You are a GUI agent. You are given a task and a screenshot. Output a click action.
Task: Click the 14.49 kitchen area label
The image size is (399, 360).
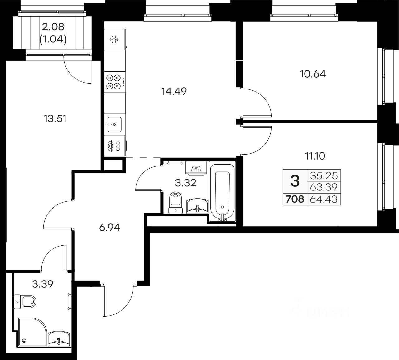coord(174,91)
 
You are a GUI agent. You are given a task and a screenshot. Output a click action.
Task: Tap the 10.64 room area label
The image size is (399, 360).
coord(313,74)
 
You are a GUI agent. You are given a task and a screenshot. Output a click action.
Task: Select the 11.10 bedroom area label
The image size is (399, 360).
coord(315,156)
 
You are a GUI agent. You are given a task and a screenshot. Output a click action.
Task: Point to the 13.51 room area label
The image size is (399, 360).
coord(55,118)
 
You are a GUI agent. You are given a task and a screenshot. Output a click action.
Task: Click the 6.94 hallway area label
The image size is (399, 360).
coord(109,228)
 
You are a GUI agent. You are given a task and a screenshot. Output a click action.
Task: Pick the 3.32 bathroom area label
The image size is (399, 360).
coord(185,183)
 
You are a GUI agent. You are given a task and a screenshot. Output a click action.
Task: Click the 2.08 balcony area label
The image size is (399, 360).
coord(53,27)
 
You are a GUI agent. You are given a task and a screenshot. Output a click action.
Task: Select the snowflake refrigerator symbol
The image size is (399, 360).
coord(114,40)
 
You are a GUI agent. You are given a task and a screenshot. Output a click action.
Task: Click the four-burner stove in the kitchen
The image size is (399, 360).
coord(115,82)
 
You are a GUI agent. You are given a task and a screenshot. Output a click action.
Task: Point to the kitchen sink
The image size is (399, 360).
coord(115,124)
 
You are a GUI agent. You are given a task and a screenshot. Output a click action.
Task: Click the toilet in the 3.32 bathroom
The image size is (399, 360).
coord(175,203)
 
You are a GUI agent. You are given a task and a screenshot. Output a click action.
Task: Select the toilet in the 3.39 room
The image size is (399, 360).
coord(25,302)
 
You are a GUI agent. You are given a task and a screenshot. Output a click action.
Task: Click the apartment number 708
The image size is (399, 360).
coord(295,199)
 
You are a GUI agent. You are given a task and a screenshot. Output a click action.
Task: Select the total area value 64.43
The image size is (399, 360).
coord(324,199)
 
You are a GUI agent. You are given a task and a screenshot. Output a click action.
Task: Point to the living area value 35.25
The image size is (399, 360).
coord(324,175)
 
